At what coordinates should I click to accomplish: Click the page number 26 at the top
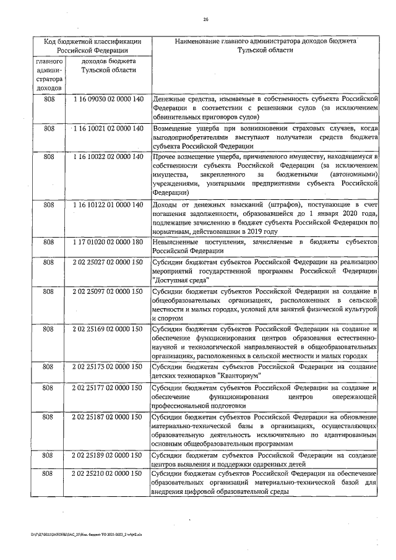tap(205, 19)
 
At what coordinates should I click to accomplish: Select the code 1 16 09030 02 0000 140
tap(108, 99)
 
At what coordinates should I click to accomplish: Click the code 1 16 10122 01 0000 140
tap(108, 204)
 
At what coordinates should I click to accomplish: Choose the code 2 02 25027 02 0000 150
tap(108, 262)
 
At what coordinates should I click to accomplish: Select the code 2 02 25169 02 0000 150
tap(108, 329)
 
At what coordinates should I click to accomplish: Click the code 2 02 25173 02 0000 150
tap(108, 367)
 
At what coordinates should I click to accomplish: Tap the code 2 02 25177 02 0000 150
tap(108, 387)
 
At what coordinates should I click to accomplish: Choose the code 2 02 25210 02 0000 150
tap(108, 473)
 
